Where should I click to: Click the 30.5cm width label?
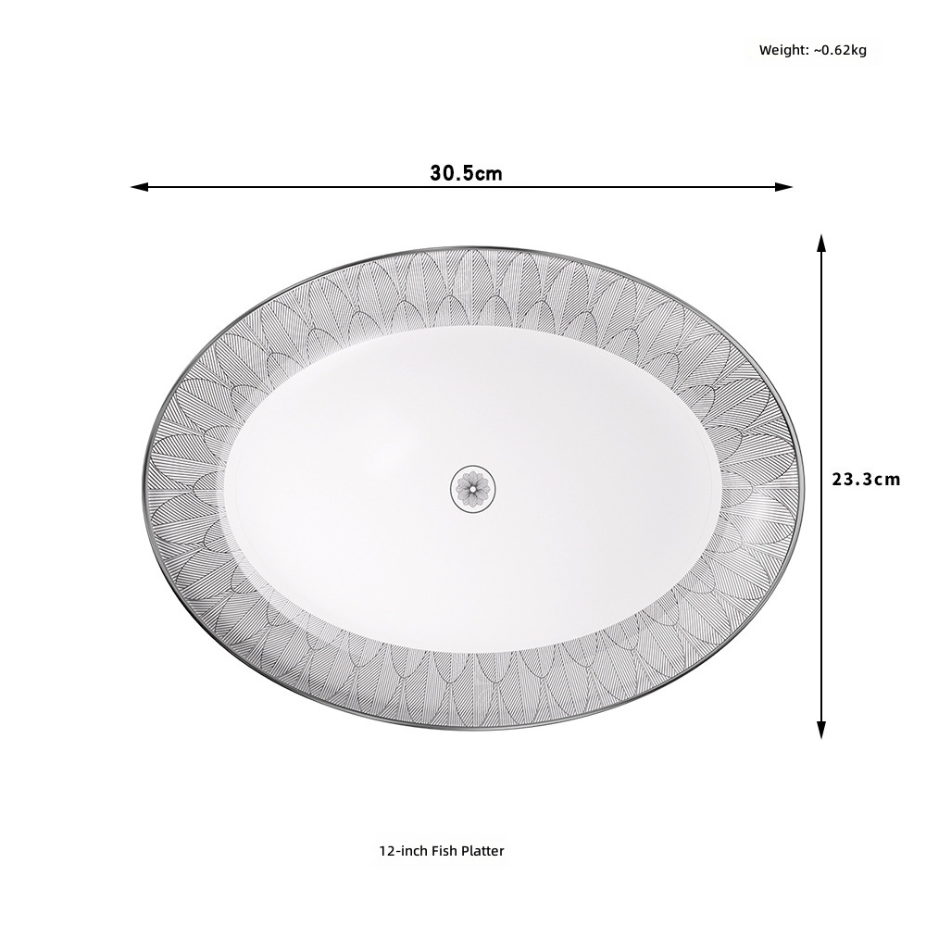click(466, 174)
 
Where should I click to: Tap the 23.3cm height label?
click(866, 479)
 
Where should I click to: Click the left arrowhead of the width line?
click(139, 187)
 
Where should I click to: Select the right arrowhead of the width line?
click(783, 187)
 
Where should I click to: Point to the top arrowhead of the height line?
click(820, 243)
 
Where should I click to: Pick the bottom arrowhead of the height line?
click(820, 730)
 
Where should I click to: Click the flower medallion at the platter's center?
click(473, 488)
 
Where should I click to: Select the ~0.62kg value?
click(840, 50)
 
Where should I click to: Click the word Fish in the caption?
click(443, 851)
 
